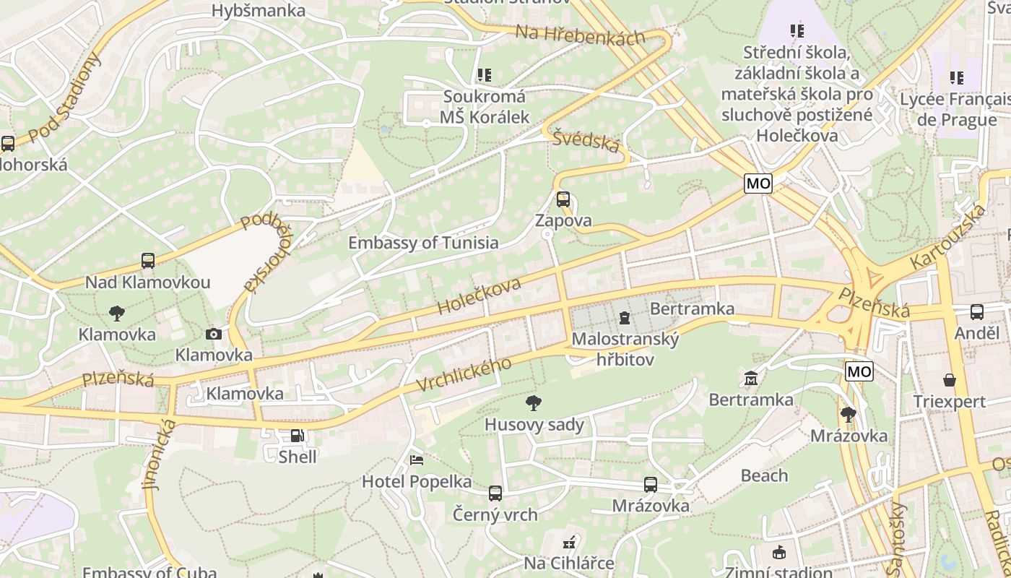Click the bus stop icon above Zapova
(x=563, y=199)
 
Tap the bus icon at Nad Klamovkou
(x=148, y=261)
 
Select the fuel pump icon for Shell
(x=297, y=436)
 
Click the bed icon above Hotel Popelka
(x=417, y=460)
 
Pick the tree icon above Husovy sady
(x=534, y=402)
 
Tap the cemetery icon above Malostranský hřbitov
(x=625, y=317)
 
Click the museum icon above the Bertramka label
(x=750, y=378)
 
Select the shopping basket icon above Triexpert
(x=949, y=380)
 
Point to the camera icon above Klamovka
(x=213, y=334)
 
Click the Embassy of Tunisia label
(x=423, y=243)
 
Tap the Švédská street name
(x=586, y=140)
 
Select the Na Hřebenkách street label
(x=580, y=34)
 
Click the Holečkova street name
(x=479, y=296)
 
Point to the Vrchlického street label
(x=465, y=375)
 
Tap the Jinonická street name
(x=160, y=455)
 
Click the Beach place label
(x=764, y=475)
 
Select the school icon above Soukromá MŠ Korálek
(x=484, y=75)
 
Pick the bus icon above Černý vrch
(x=495, y=493)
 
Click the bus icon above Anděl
(x=976, y=312)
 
